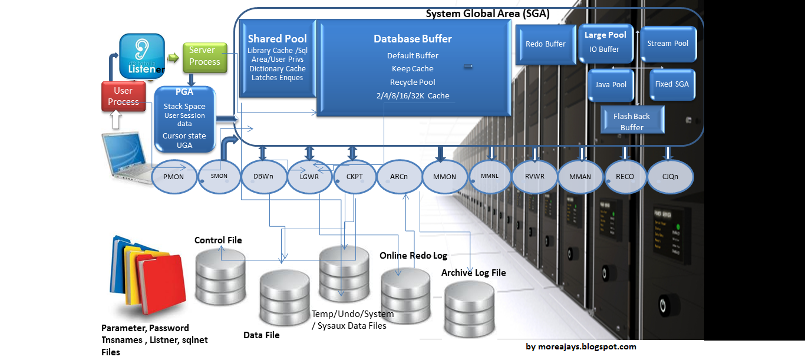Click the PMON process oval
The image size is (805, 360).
[173, 176]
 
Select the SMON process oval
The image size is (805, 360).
[219, 176]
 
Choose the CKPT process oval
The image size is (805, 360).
[355, 176]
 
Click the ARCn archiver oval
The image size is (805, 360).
[399, 176]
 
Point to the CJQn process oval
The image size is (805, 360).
[669, 176]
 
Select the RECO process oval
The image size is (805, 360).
[625, 176]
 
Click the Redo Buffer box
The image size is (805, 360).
[545, 44]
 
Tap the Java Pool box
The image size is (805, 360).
[611, 85]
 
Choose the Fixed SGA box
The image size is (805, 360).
[671, 84]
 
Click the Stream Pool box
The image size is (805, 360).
[668, 44]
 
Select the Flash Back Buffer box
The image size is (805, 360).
[631, 122]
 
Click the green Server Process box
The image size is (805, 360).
[204, 57]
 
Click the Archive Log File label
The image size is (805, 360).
[473, 272]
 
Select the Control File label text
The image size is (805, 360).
[218, 240]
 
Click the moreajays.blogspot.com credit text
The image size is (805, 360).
[580, 346]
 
